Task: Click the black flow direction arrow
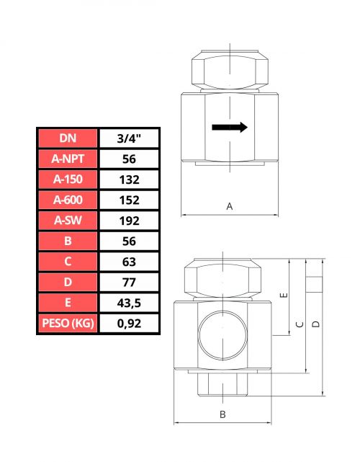[230, 128]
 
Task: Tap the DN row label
[68, 138]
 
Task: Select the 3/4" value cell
[129, 138]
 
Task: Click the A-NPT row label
[68, 159]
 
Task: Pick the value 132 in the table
[129, 179]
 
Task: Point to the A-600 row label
[68, 200]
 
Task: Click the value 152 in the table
[129, 200]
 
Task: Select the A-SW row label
[68, 221]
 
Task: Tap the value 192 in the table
[129, 221]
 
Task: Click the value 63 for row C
[129, 262]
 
